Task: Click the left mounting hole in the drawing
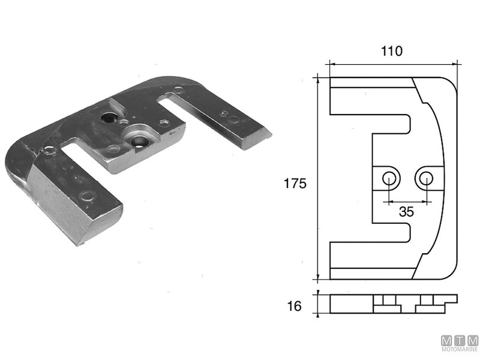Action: [389, 177]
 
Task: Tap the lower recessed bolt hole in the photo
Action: [140, 142]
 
